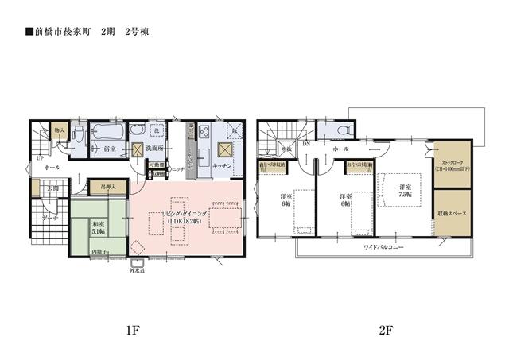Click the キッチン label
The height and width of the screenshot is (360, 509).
tap(222, 165)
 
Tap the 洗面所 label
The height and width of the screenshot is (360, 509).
tap(154, 148)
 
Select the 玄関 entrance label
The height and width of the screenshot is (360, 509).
tap(52, 188)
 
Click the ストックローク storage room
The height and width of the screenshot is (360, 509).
tap(451, 163)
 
